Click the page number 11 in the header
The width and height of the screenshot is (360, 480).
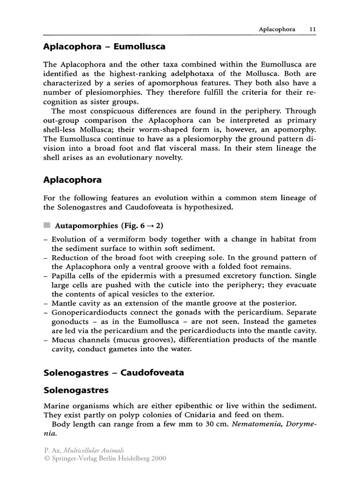pyautogui.click(x=312, y=29)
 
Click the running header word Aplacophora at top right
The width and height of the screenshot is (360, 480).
pyautogui.click(x=277, y=29)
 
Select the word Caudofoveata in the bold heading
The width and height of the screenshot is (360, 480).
pyautogui.click(x=152, y=373)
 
